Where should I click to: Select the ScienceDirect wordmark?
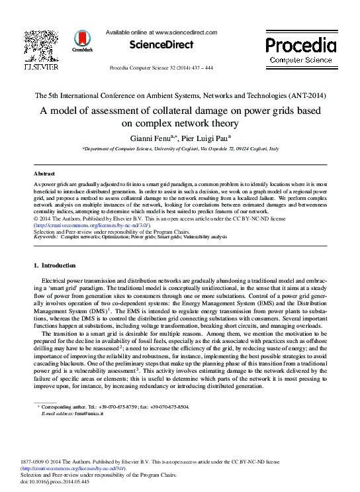click(x=161, y=45)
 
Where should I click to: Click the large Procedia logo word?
click(x=300, y=45)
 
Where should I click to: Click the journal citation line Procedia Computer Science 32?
click(x=161, y=68)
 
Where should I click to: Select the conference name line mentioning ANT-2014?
click(x=180, y=95)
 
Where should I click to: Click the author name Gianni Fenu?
click(x=149, y=138)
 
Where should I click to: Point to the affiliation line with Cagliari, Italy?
click(x=180, y=150)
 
